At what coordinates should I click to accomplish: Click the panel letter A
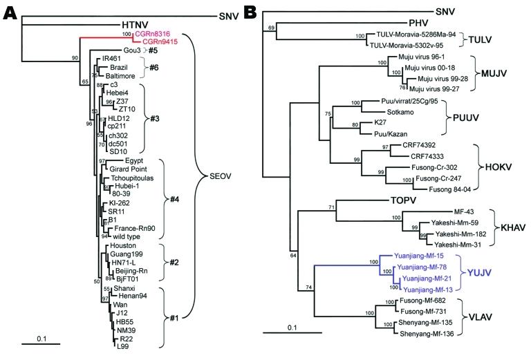pyautogui.click(x=10, y=13)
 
